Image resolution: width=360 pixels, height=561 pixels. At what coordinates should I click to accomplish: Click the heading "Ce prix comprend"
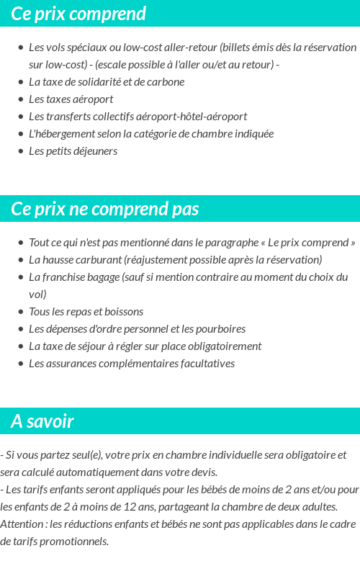[78, 14]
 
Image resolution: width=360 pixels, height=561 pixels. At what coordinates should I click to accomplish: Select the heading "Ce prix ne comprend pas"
[105, 209]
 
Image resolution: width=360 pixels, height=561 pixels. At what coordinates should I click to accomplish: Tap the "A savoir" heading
[42, 421]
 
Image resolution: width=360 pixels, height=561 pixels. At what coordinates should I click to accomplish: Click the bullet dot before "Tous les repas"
[20, 312]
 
